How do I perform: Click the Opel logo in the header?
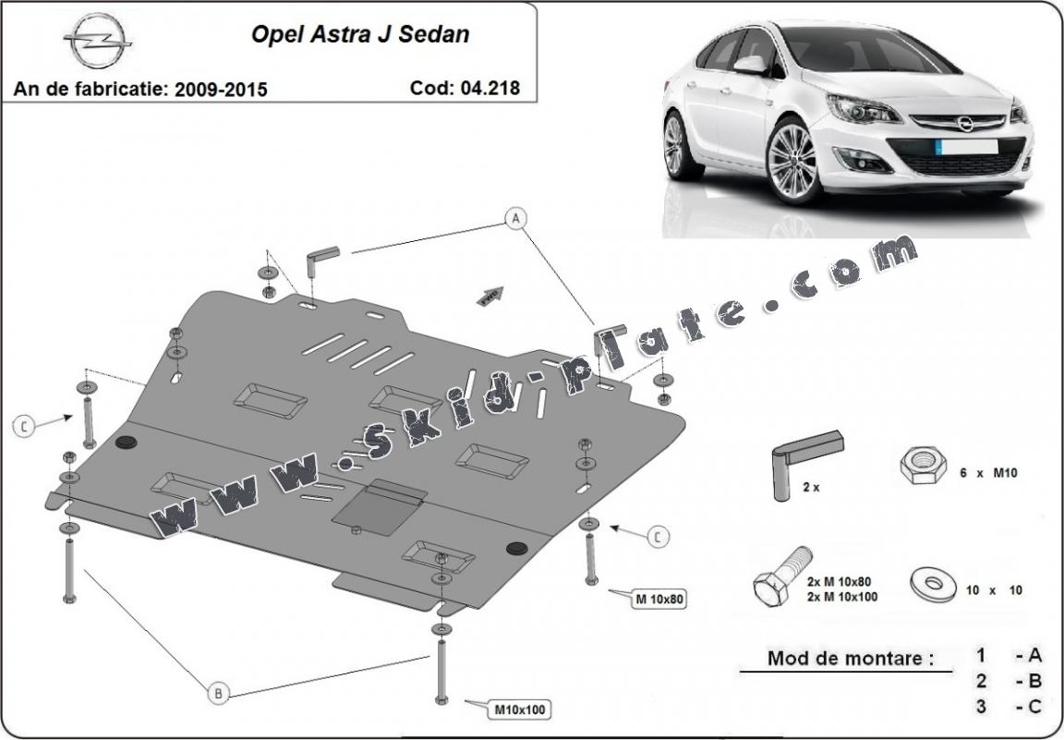pyautogui.click(x=98, y=42)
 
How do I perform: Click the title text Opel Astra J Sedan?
pyautogui.click(x=360, y=34)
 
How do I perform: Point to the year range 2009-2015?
pyautogui.click(x=222, y=90)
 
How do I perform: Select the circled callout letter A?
pyautogui.click(x=516, y=218)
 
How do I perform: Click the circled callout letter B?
pyautogui.click(x=218, y=693)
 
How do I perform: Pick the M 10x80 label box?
pyautogui.click(x=659, y=600)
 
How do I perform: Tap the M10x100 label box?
pyautogui.click(x=519, y=710)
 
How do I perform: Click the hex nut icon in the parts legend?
pyautogui.click(x=924, y=465)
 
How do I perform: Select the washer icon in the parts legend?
pyautogui.click(x=934, y=584)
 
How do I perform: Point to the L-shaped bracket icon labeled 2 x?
pyautogui.click(x=805, y=464)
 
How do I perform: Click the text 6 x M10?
pyautogui.click(x=988, y=473)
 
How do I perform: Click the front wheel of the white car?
pyautogui.click(x=792, y=161)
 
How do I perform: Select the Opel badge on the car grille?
pyautogui.click(x=965, y=123)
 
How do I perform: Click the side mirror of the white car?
pyautogui.click(x=752, y=64)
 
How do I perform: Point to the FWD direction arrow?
pyautogui.click(x=490, y=296)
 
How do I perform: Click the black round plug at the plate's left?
pyautogui.click(x=127, y=442)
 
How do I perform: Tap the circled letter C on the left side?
pyautogui.click(x=24, y=426)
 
